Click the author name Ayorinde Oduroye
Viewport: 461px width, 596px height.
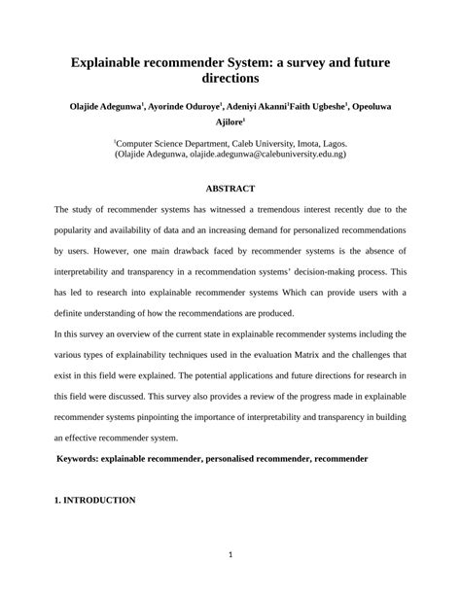point(184,105)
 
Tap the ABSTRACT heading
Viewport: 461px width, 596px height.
point(230,188)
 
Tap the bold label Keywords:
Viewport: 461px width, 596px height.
point(83,458)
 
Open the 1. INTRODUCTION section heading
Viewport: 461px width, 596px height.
point(94,500)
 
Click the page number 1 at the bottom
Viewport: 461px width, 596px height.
point(230,557)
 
